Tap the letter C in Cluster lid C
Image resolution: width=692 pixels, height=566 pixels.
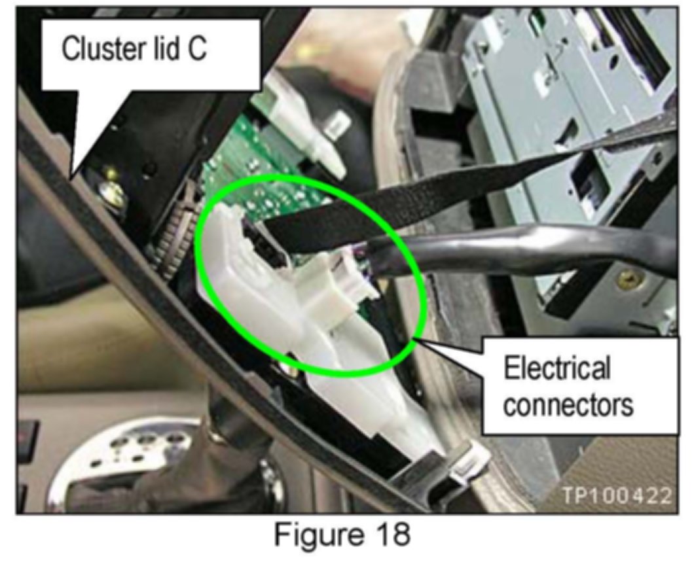[x=197, y=50]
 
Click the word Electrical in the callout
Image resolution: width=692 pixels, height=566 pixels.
[x=556, y=368]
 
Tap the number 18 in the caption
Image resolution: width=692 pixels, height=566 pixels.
[x=390, y=535]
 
